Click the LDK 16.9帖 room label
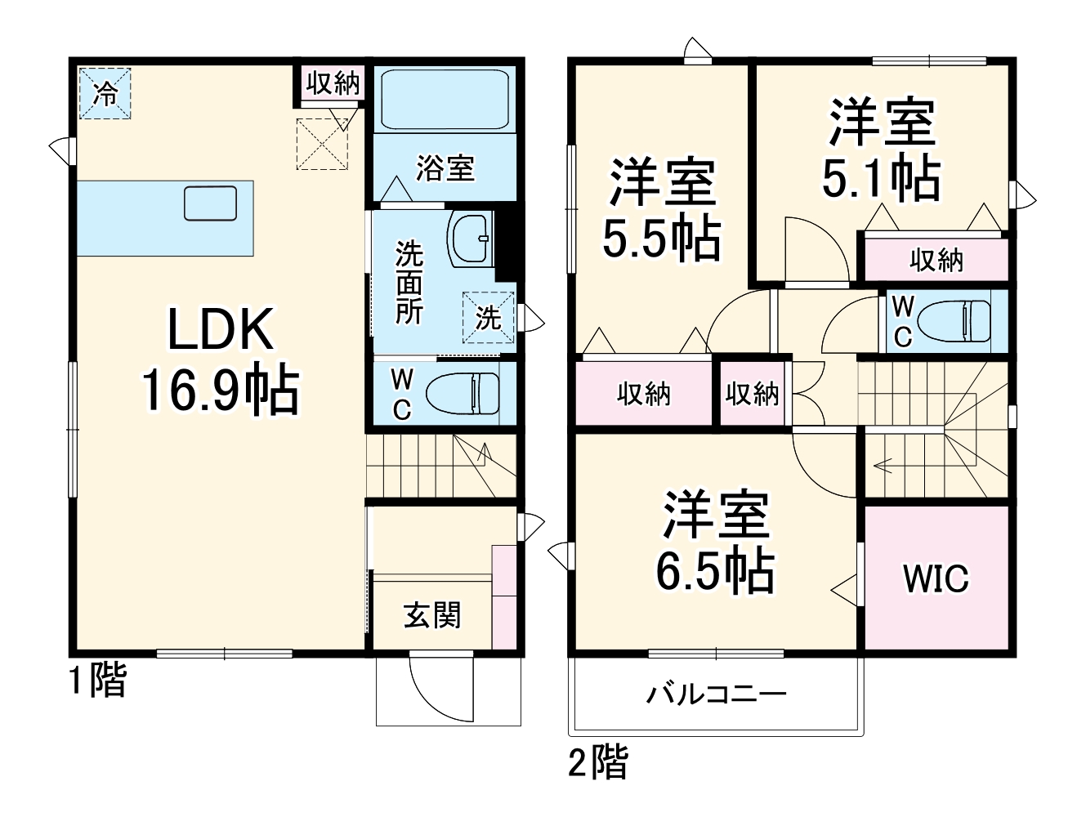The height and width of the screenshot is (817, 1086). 221,359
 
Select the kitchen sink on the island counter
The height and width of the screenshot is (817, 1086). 210,203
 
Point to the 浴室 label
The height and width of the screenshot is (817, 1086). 445,168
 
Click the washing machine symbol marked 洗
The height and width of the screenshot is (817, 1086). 488,316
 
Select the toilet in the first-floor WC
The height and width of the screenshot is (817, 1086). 462,394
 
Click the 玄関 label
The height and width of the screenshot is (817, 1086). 432,615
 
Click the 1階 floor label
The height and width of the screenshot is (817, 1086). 97,681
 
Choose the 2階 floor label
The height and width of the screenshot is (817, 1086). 598,763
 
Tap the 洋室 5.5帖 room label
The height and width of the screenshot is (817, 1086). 662,209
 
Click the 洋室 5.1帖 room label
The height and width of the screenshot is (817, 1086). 881,150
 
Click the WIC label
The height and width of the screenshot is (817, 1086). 936,578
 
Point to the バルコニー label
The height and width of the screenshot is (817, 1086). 716,694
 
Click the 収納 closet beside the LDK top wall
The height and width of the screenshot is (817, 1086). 333,83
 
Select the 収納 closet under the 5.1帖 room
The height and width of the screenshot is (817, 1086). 936,260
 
